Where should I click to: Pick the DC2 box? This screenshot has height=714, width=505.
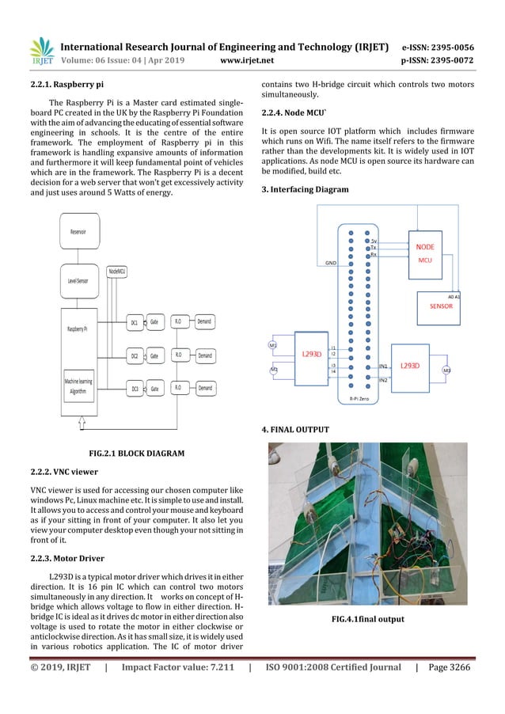click(135, 356)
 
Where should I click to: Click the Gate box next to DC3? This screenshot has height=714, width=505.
click(155, 389)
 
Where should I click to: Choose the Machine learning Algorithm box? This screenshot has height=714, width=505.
click(78, 386)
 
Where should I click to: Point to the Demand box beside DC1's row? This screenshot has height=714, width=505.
click(204, 323)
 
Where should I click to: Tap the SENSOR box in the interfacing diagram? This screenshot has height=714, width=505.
click(440, 306)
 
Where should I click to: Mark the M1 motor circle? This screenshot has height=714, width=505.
click(273, 345)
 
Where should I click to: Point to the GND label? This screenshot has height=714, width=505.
click(331, 262)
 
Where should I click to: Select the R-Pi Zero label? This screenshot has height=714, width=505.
click(354, 401)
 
